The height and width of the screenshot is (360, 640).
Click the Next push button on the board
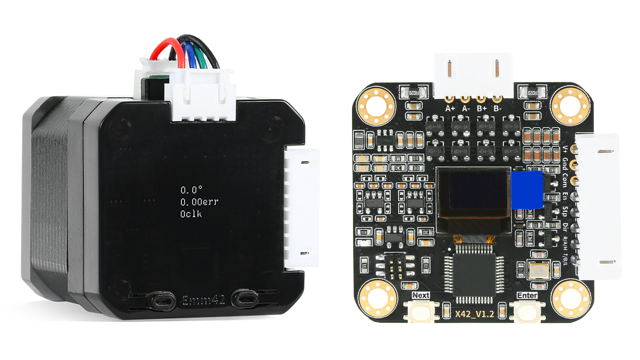tap(421, 312)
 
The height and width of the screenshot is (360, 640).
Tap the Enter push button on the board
tap(527, 312)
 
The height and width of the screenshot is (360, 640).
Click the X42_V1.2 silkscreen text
tap(475, 314)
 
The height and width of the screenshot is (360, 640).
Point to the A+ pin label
tap(450, 108)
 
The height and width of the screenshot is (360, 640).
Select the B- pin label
tap(497, 108)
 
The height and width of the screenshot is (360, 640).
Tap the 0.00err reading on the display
tap(199, 202)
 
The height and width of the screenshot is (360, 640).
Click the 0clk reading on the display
tap(191, 214)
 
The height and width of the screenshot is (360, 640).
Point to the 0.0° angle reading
tap(191, 190)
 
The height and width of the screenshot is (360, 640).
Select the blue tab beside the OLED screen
tap(527, 190)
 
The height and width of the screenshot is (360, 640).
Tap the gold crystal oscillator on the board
tap(539, 271)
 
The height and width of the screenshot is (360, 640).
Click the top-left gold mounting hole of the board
tap(376, 106)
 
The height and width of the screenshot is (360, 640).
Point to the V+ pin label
tap(565, 149)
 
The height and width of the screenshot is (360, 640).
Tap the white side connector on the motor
tap(302, 207)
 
